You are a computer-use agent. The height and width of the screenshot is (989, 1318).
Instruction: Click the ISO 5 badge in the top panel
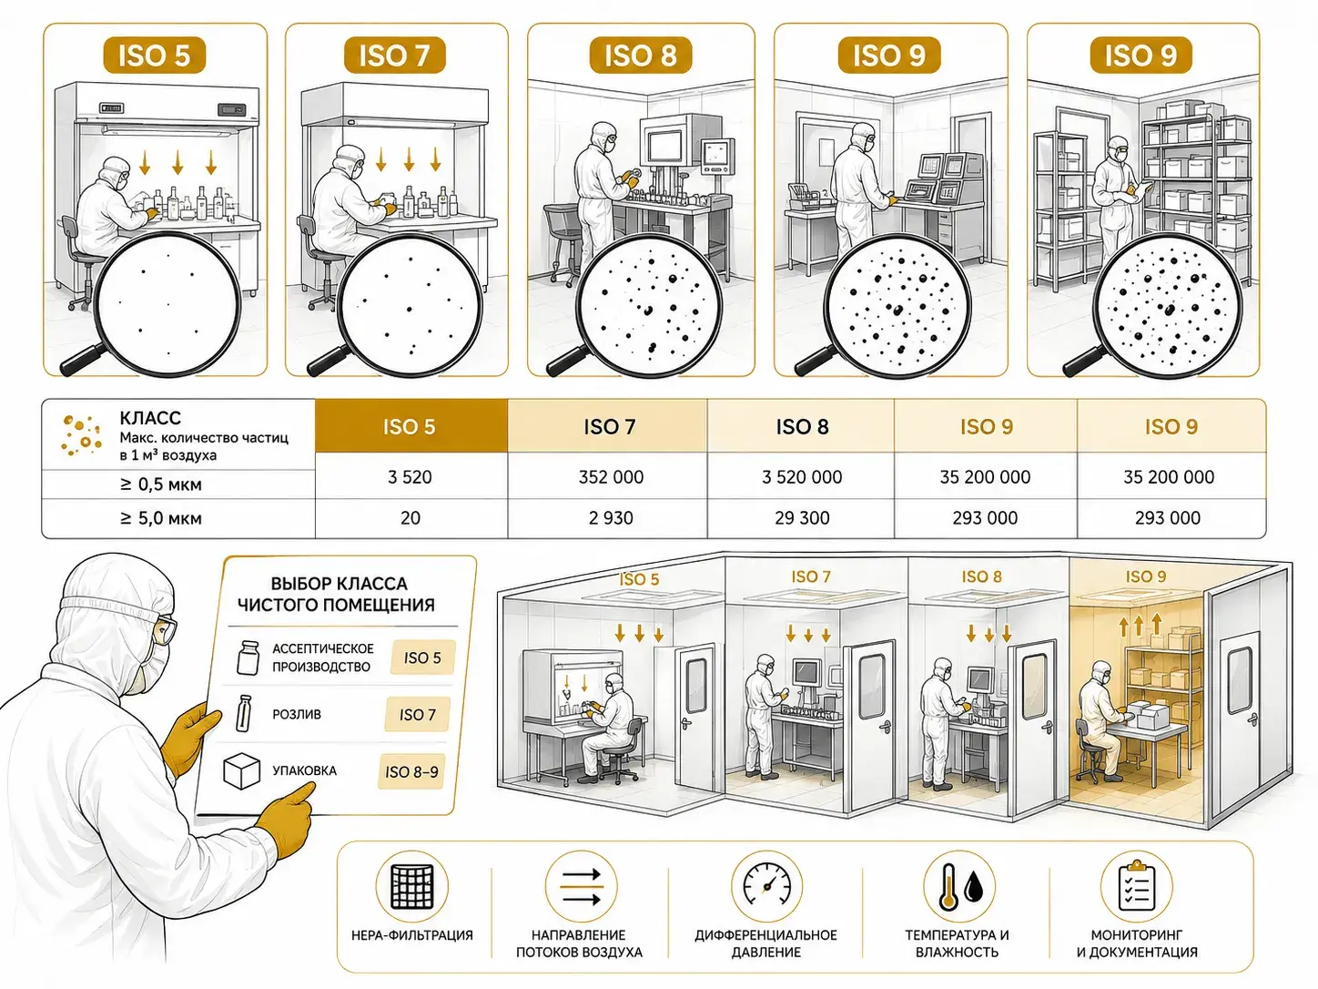point(155,56)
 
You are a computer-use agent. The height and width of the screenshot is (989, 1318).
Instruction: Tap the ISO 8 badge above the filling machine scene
point(641,56)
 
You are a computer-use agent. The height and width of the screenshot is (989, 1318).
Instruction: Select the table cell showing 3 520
point(411,477)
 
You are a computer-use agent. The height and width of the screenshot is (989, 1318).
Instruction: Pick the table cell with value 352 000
point(611,477)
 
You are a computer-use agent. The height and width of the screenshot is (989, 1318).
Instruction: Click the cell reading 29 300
point(802,517)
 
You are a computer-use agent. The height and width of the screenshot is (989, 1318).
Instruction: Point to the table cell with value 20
point(411,517)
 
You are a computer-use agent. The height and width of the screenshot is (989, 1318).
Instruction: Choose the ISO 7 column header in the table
point(608,426)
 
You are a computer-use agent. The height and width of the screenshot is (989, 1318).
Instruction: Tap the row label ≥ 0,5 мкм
point(160,484)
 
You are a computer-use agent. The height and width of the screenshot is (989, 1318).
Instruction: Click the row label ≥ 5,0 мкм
point(160,517)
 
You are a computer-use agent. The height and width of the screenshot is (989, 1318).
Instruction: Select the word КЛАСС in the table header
point(150,417)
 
